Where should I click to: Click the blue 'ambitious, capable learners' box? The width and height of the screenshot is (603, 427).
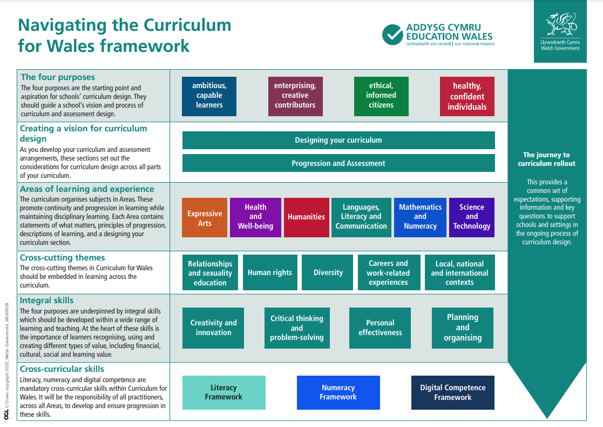(x=209, y=96)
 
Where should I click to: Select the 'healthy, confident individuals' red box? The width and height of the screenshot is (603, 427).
(x=468, y=96)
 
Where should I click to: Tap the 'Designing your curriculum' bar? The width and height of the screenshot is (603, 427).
(x=338, y=140)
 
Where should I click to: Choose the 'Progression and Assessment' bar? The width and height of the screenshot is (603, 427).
(x=338, y=163)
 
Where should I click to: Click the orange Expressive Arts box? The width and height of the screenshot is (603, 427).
(x=205, y=217)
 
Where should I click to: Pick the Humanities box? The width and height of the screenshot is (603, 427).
(x=307, y=217)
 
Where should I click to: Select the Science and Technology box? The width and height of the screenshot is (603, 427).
(x=472, y=217)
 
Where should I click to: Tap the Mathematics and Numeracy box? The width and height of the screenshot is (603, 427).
(x=421, y=217)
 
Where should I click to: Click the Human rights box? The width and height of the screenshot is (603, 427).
(x=270, y=272)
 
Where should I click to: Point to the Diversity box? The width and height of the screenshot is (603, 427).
(x=327, y=272)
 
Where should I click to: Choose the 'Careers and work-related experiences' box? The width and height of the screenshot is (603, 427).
(x=389, y=272)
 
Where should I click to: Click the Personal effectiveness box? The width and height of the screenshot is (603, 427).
(x=380, y=328)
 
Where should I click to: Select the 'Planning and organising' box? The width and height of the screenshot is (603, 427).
(x=463, y=328)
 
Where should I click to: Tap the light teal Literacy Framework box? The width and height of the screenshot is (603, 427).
(x=224, y=392)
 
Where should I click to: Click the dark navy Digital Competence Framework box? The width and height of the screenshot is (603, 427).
(x=452, y=392)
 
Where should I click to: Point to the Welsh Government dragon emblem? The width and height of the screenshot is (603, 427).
(x=561, y=24)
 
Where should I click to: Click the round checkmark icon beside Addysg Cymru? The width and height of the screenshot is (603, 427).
(x=392, y=35)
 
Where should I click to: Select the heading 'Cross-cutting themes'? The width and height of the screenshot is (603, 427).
(x=62, y=258)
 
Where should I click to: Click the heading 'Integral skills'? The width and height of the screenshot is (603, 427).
(x=46, y=301)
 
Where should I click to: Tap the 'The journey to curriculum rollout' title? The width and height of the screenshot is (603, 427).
(x=546, y=159)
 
